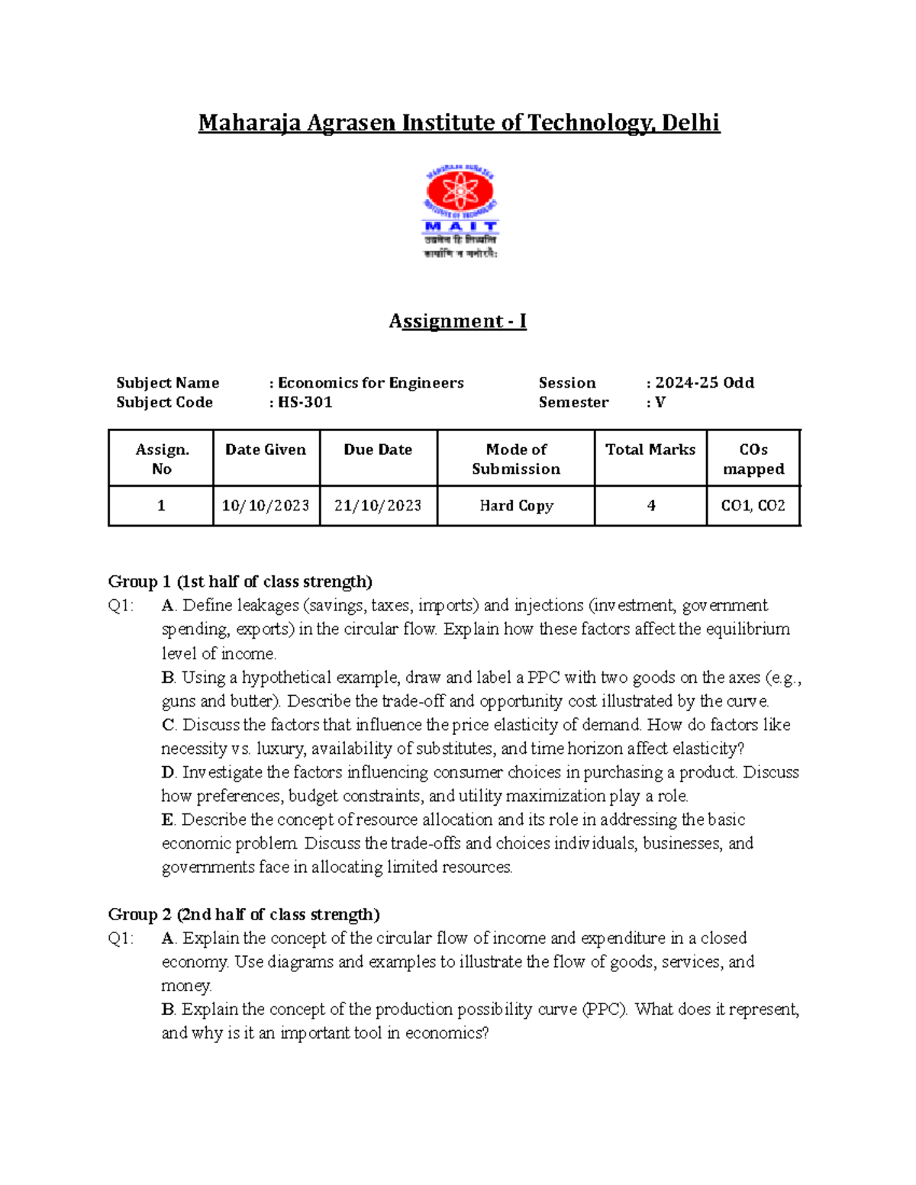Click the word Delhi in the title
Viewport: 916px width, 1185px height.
690,123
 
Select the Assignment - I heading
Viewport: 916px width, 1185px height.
458,321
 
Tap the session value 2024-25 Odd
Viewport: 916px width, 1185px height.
704,382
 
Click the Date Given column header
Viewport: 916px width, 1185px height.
266,449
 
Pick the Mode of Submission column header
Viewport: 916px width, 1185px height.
516,459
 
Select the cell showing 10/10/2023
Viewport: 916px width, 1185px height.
266,506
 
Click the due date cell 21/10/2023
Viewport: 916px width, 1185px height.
378,506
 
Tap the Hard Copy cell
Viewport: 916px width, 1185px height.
516,506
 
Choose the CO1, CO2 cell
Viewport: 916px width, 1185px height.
753,506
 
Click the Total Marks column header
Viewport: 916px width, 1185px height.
650,449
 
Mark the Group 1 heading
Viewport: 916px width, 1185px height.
240,581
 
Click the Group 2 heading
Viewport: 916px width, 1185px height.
244,914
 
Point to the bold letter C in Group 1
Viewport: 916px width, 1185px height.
168,725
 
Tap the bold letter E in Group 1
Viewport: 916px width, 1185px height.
167,820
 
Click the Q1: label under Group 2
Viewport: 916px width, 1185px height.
121,938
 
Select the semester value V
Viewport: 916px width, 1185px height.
660,402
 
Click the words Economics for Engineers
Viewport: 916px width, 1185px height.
370,382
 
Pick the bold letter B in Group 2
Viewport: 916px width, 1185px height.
168,1009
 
